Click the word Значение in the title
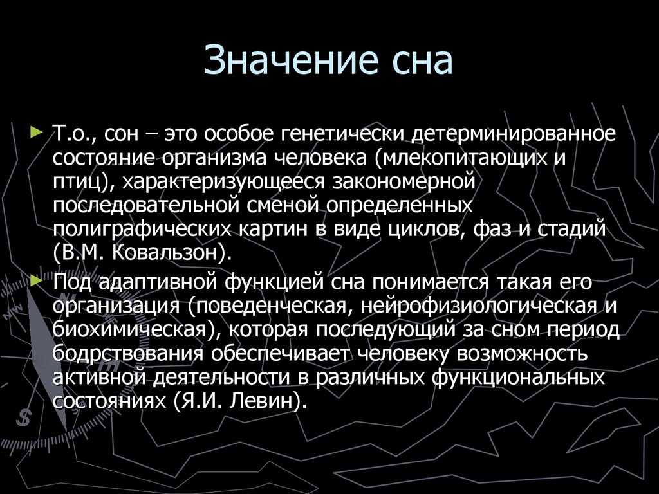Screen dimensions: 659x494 (x=290, y=59)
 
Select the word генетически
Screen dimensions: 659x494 (x=343, y=134)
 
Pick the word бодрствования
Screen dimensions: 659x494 (x=129, y=354)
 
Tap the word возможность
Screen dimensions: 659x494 (x=522, y=354)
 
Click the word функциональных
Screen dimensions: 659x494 (x=518, y=378)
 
